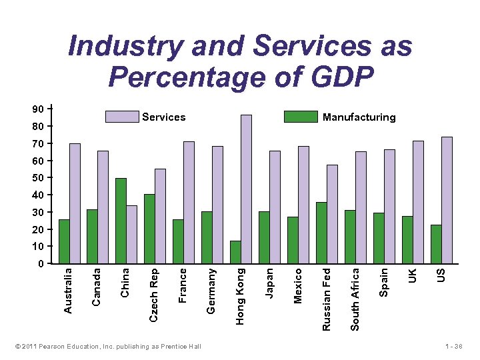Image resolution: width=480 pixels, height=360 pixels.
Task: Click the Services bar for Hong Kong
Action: pyautogui.click(x=246, y=189)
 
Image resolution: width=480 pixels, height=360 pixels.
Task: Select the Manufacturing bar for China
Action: pyautogui.click(x=121, y=220)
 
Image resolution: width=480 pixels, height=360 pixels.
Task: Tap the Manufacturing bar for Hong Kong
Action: pyautogui.click(x=235, y=252)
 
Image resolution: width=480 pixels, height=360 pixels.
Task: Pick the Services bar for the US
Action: pyautogui.click(x=447, y=200)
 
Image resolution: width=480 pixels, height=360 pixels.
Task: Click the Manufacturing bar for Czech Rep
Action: pyautogui.click(x=149, y=229)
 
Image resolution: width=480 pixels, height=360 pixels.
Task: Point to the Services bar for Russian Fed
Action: pyautogui.click(x=332, y=213)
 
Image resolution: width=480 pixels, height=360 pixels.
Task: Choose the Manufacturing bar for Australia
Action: pyautogui.click(x=64, y=241)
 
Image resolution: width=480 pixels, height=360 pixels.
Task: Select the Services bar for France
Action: pyautogui.click(x=189, y=202)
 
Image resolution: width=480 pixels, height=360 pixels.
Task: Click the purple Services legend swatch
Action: pyautogui.click(x=122, y=117)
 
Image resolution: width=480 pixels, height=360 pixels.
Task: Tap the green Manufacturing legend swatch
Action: pyautogui.click(x=301, y=117)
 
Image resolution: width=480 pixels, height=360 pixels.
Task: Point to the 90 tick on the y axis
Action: pyautogui.click(x=39, y=109)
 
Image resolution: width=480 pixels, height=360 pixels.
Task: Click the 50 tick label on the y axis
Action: pyautogui.click(x=39, y=177)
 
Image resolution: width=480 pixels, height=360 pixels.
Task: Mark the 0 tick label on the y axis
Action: pyautogui.click(x=41, y=263)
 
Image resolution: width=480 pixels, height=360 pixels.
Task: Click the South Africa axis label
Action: pyautogui.click(x=355, y=298)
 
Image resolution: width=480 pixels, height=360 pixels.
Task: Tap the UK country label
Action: pyautogui.click(x=413, y=274)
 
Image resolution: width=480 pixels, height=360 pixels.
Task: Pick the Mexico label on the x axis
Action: pyautogui.click(x=298, y=285)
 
